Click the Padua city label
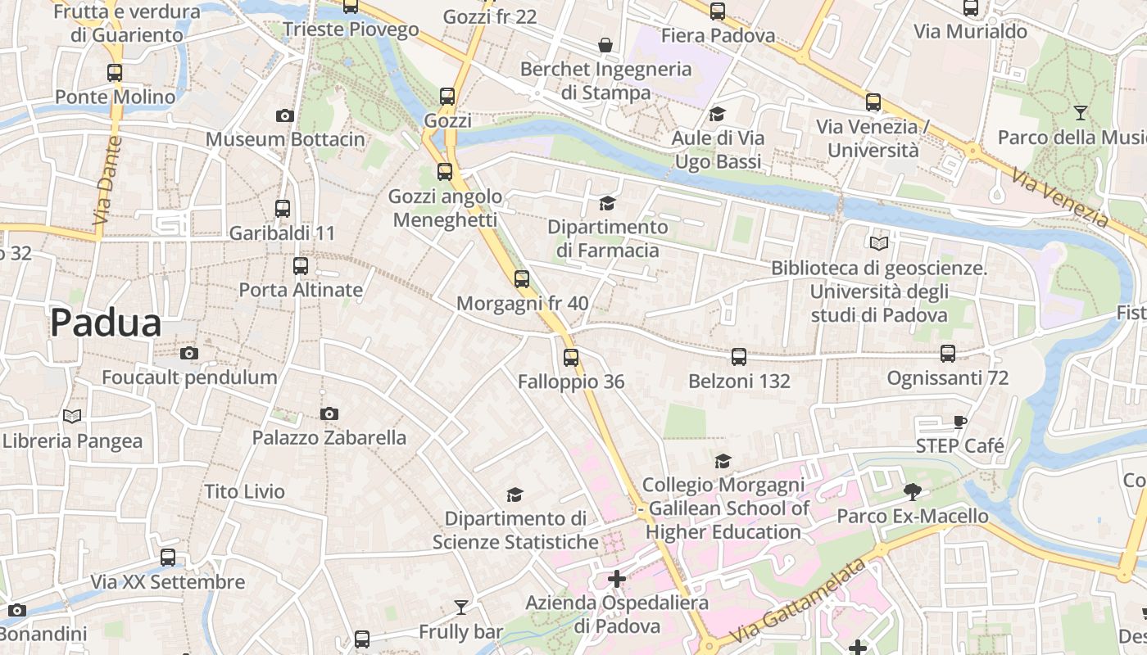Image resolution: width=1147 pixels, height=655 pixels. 106,323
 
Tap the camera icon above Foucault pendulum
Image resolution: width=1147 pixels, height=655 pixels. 189,354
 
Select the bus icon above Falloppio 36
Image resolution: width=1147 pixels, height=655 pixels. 571,358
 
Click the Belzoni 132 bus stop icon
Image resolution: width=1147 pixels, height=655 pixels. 739,357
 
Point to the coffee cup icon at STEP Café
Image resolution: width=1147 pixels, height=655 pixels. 960,422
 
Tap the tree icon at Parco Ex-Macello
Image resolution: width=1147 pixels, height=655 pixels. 912,492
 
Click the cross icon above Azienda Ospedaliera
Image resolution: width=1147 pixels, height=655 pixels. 617,580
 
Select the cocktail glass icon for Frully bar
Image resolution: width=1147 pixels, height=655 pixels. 461,608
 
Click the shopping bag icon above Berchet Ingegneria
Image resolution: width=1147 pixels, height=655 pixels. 605,44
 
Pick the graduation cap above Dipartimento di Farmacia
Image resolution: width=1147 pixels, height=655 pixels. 607,203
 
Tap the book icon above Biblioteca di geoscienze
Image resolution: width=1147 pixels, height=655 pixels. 879,243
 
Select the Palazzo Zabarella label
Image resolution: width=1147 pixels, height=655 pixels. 329,437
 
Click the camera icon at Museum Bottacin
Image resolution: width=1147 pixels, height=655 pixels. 285,116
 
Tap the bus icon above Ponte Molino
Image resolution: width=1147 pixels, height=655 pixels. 115,73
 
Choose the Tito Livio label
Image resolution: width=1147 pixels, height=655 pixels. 244,491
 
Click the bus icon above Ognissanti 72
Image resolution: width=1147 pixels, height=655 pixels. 948,354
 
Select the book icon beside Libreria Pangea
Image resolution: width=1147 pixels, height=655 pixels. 72,417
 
